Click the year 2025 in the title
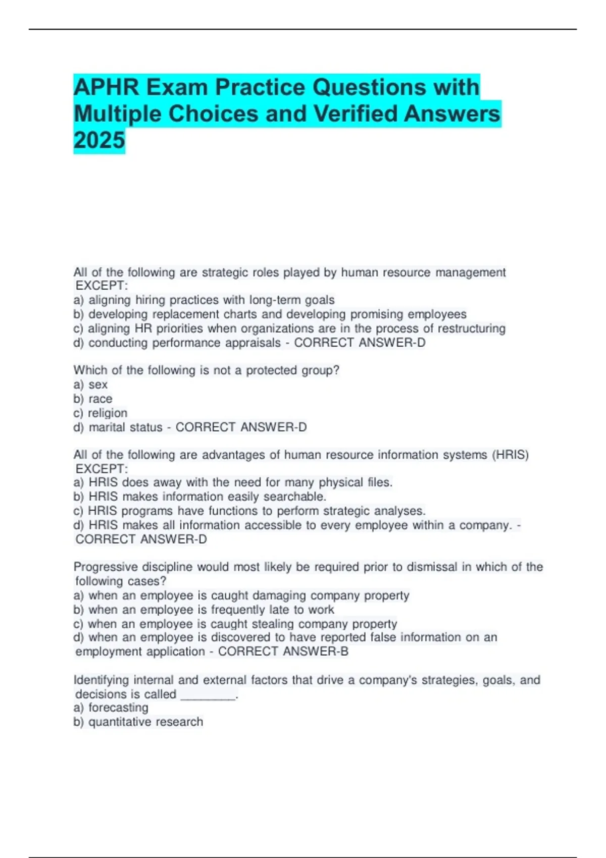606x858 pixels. pos(99,140)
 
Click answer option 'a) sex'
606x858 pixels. pos(90,385)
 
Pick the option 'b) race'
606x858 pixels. pos(93,399)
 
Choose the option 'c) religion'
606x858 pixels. pos(100,413)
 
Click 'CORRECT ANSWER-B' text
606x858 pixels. pos(283,652)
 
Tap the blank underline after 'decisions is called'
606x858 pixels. pos(208,695)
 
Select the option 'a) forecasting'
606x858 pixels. pos(111,708)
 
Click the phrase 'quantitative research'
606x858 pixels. pos(145,722)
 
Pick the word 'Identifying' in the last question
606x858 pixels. pos(101,680)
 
